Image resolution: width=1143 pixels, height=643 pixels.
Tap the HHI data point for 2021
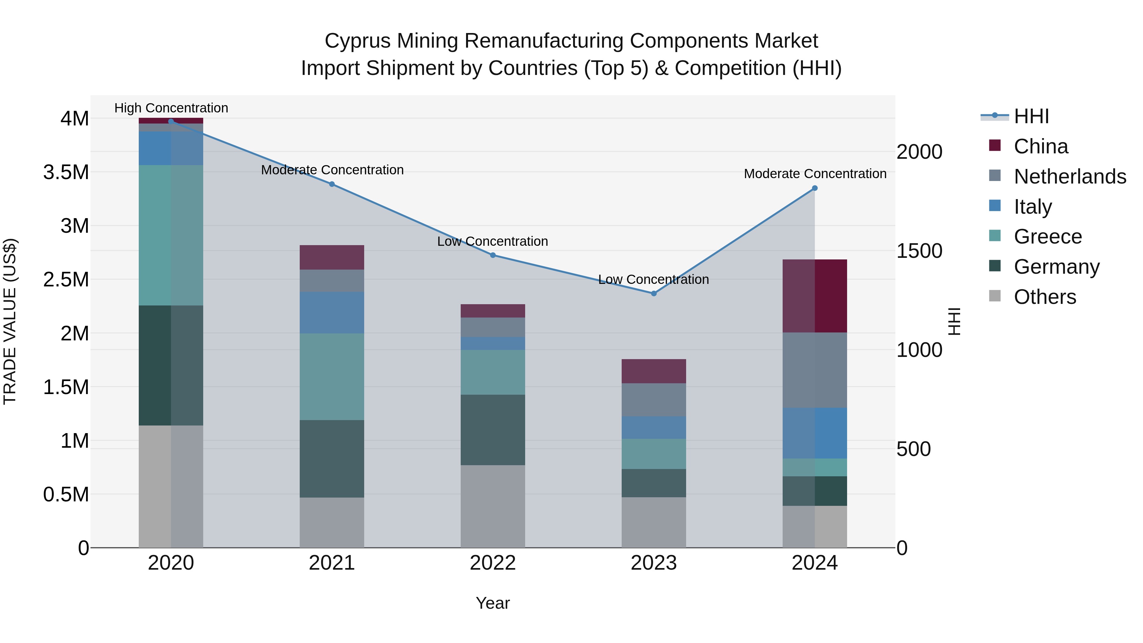coord(332,184)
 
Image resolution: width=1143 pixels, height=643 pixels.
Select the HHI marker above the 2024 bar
coord(815,188)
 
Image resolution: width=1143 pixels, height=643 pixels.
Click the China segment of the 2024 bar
coord(815,296)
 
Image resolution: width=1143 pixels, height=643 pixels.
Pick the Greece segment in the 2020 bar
coord(171,235)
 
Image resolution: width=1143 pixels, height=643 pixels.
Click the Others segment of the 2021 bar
coord(332,522)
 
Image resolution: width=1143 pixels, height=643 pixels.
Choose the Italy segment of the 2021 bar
coord(332,312)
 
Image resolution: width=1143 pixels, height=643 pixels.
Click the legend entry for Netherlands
coord(1069,177)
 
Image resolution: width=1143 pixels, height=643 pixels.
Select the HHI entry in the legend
coord(1031,116)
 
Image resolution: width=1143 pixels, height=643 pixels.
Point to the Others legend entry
coord(1045,297)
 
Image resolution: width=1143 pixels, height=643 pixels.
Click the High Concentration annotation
coord(171,108)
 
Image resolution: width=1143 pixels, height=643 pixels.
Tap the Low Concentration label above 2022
coord(492,241)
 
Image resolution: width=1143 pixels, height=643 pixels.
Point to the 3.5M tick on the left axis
coord(66,172)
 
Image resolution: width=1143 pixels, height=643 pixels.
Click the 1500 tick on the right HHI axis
coord(919,251)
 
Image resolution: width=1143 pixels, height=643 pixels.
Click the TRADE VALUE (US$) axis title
coord(10,321)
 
